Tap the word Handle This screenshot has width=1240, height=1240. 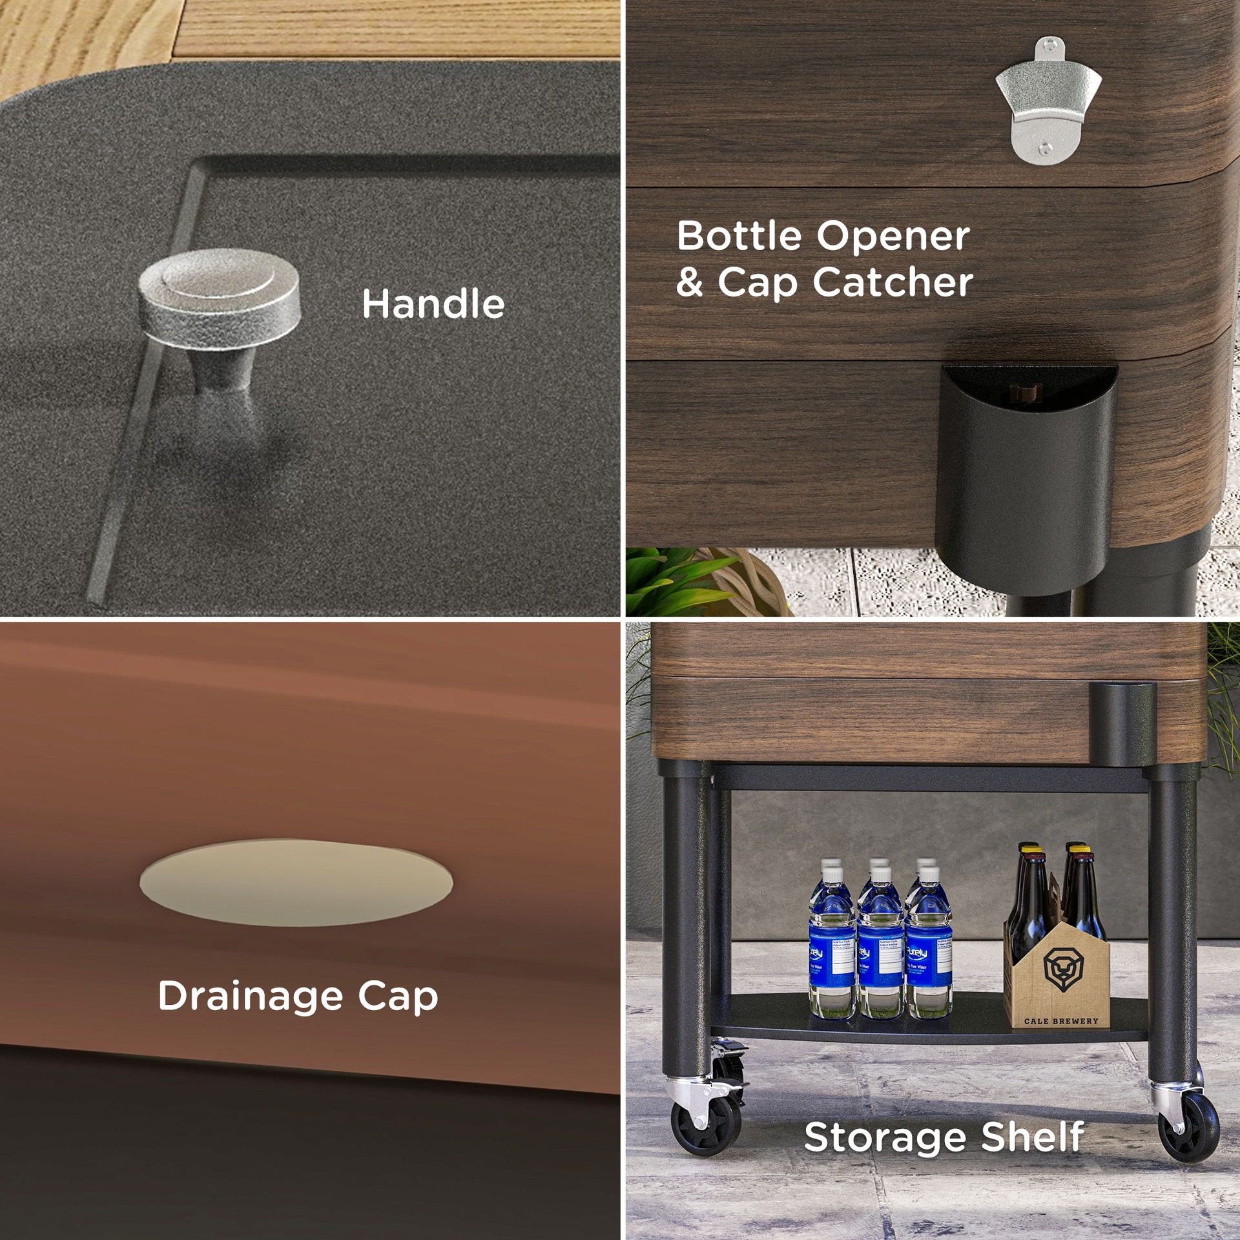[x=433, y=304]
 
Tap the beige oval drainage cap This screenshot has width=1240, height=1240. [x=296, y=882]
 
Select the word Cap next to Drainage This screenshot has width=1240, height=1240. [x=398, y=997]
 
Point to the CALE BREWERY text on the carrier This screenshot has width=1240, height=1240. [x=1061, y=1021]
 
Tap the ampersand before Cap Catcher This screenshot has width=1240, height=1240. [x=690, y=283]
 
